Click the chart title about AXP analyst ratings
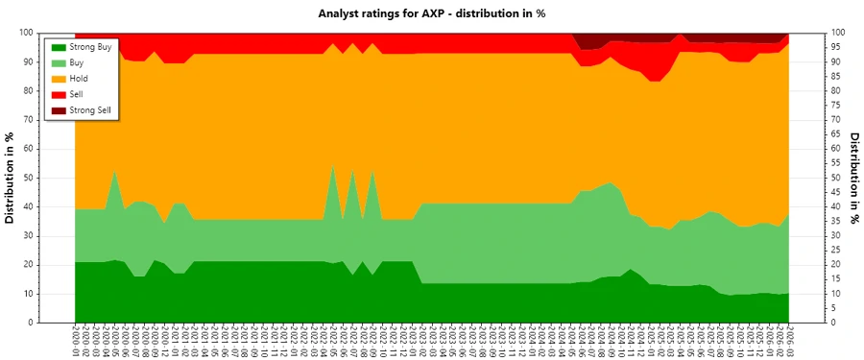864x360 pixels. point(431,13)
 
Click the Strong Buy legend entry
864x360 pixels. point(90,46)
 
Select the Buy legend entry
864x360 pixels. point(81,62)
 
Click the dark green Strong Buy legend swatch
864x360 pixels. point(59,46)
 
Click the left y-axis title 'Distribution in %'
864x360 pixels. point(11,178)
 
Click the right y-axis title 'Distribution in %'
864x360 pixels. point(853,178)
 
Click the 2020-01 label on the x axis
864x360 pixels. point(75,341)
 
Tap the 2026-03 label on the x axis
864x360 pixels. point(789,341)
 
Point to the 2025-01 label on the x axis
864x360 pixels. point(654,341)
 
